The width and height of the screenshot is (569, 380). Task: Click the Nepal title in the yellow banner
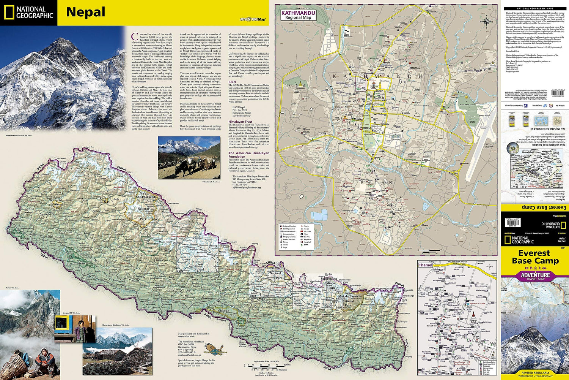pyautogui.click(x=86, y=12)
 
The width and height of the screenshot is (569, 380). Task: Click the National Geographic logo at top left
pyautogui.click(x=29, y=13)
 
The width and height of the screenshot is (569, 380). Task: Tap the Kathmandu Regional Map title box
pyautogui.click(x=298, y=15)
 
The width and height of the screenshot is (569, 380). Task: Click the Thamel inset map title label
pyautogui.click(x=425, y=265)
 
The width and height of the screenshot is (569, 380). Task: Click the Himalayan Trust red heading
pyautogui.click(x=240, y=122)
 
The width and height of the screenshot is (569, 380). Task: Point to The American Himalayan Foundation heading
pyautogui.click(x=248, y=155)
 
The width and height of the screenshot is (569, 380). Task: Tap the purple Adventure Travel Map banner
pyautogui.click(x=535, y=276)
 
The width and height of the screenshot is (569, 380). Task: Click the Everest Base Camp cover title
pyautogui.click(x=535, y=257)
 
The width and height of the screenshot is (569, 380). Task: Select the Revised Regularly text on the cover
pyautogui.click(x=535, y=373)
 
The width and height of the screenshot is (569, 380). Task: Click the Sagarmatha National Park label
pyautogui.click(x=329, y=281)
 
